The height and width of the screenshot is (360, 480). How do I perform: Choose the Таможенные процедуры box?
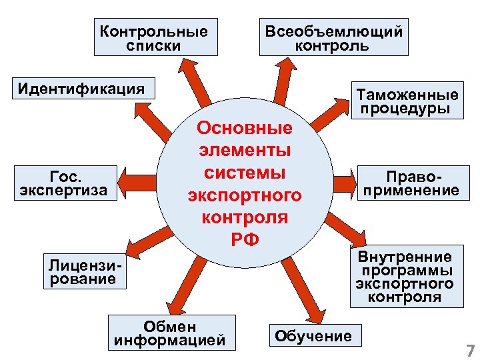(407, 101)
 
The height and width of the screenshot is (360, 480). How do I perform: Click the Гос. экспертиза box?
(64, 183)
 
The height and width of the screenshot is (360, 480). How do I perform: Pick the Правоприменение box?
(409, 183)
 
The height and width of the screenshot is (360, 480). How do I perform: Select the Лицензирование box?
(82, 271)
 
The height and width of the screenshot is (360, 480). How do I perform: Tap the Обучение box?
(313, 335)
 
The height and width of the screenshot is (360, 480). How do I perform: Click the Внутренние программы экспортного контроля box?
(406, 277)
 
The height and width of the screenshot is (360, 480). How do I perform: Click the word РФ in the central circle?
(244, 238)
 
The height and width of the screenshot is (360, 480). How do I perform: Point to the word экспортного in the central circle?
(244, 195)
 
